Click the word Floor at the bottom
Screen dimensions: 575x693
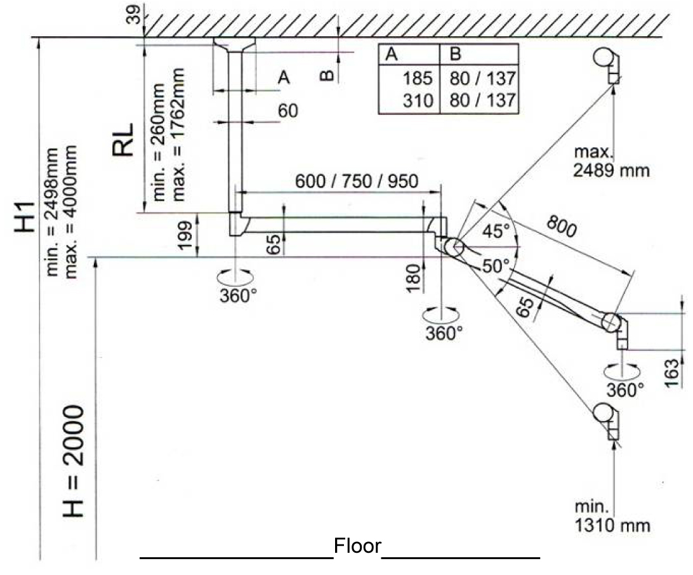358,546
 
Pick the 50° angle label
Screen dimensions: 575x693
495,267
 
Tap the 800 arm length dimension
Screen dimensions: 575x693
561,226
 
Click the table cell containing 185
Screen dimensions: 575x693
417,79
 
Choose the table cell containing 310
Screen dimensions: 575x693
417,100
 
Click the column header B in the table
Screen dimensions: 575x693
456,54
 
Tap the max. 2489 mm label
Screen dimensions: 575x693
611,162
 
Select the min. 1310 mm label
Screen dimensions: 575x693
612,517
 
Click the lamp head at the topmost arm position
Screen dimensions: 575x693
606,60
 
